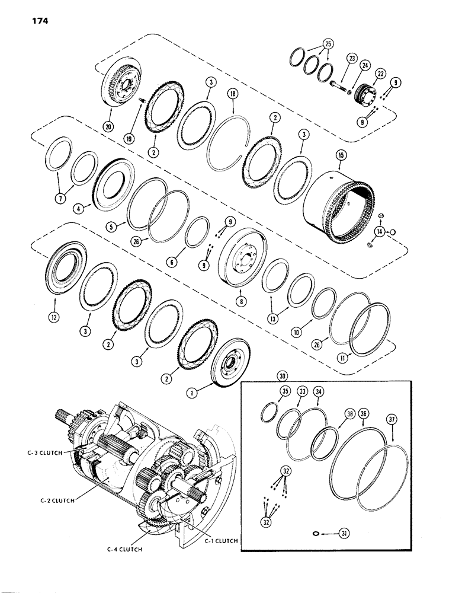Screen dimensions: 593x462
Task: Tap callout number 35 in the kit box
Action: (269, 391)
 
